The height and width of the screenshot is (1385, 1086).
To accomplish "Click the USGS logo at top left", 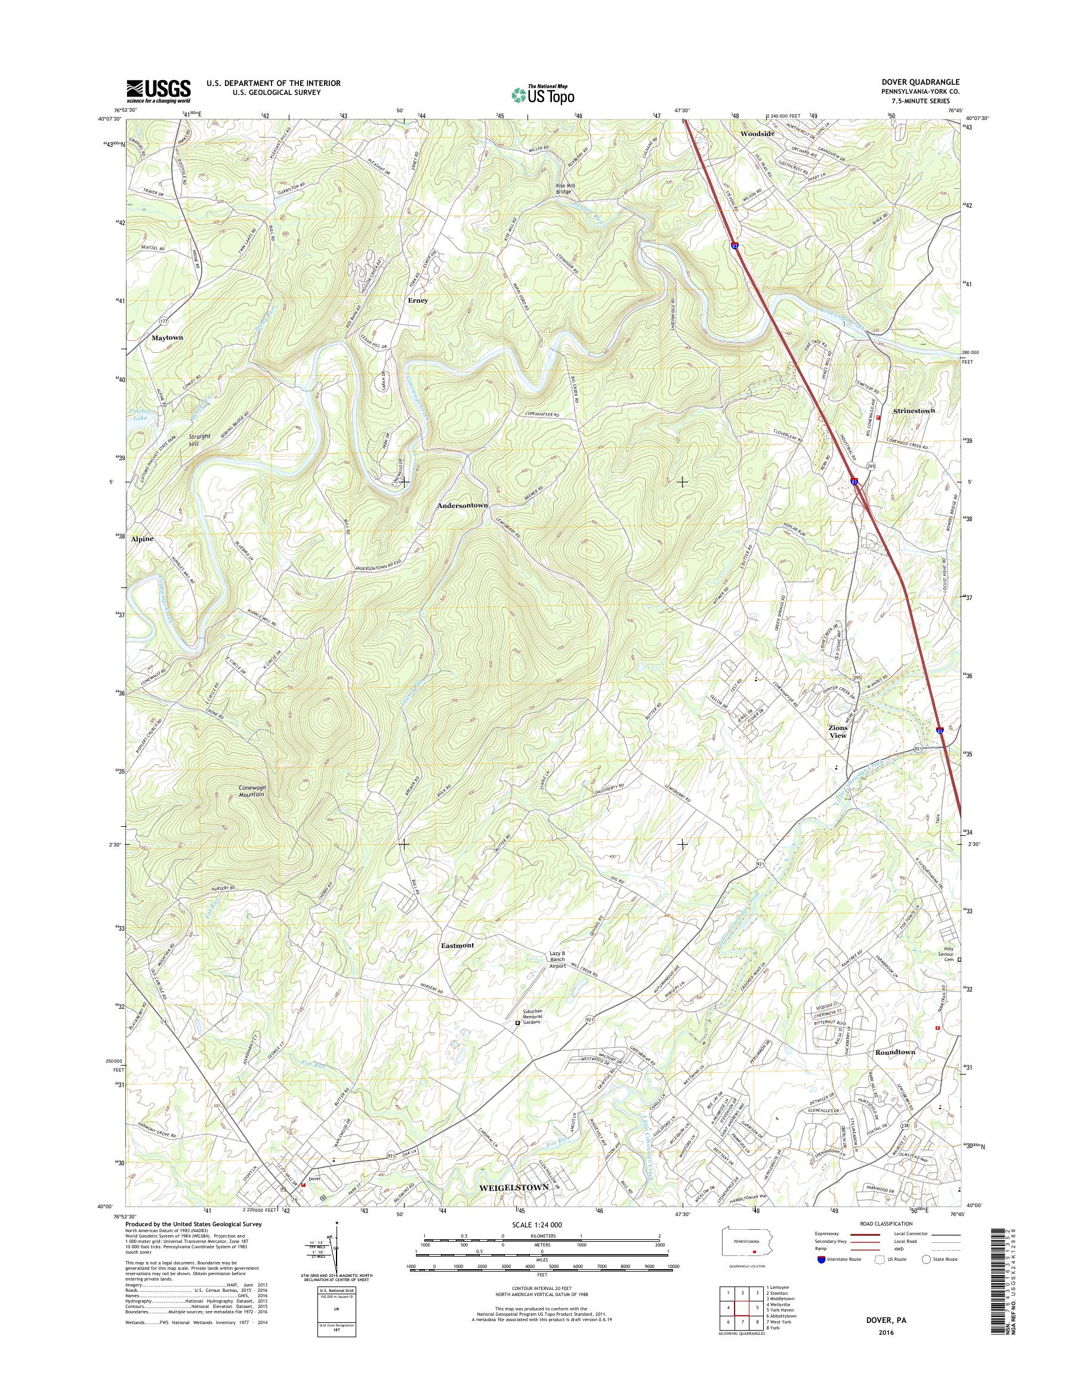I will click(x=158, y=91).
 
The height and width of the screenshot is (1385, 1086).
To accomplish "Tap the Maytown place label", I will click(x=166, y=338).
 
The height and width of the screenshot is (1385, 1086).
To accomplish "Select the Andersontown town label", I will click(x=462, y=505).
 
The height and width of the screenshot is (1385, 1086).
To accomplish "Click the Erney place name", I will click(x=418, y=300).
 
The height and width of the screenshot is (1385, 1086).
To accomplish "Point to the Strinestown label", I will click(x=914, y=411).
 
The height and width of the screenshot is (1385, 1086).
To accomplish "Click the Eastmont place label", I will click(x=457, y=946).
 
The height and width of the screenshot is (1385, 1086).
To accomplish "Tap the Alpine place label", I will click(x=142, y=539).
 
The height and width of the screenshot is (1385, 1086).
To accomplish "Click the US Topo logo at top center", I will click(x=543, y=95).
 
